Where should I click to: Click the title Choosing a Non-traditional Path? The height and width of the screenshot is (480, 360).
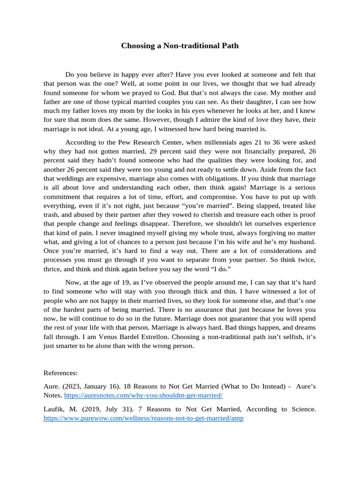180,45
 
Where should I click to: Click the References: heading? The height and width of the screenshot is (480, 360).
60,373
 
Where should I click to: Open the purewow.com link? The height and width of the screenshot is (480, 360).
143,418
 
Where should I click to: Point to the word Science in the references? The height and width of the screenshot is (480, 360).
300,409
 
